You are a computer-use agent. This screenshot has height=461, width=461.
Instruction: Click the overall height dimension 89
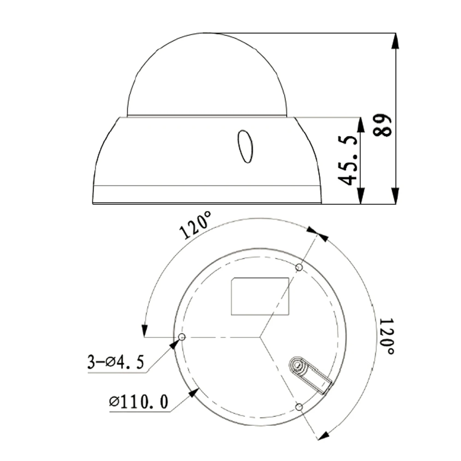tap(383, 124)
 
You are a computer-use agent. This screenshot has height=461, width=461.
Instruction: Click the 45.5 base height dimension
tap(349, 160)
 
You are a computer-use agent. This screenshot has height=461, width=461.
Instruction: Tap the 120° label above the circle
tap(196, 225)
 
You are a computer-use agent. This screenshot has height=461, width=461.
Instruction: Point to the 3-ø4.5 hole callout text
tap(116, 361)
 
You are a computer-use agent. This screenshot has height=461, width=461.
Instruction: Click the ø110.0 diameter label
tap(138, 402)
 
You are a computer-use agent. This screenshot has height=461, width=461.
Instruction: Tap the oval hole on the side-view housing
tap(245, 147)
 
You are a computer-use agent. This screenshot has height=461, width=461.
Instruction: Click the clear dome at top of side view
tap(207, 76)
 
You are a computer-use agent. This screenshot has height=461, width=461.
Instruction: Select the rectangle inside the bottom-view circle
tap(260, 296)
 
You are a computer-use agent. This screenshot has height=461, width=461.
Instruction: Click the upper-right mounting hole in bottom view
tap(299, 267)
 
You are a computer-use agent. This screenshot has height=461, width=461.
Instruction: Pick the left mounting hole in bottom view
tap(182, 337)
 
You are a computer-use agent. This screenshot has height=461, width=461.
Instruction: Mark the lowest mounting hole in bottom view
tap(299, 407)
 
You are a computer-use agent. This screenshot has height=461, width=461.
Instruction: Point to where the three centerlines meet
tap(260, 337)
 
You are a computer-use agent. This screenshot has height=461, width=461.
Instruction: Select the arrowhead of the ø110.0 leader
tap(194, 392)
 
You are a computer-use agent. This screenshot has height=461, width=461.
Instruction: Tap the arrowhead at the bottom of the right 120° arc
tap(325, 435)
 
